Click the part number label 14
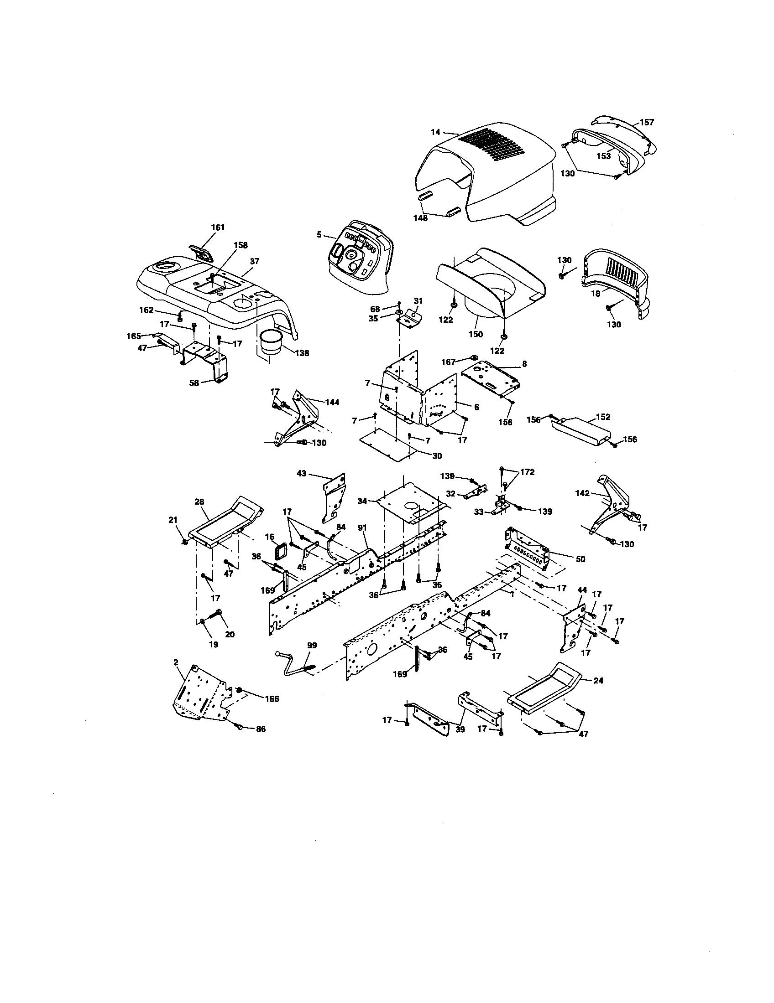click(435, 132)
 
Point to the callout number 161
click(218, 227)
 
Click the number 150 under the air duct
click(476, 334)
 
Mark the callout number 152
click(603, 417)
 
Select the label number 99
click(312, 645)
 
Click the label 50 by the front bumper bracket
click(580, 559)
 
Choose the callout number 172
click(528, 472)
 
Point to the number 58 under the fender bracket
click(194, 383)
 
